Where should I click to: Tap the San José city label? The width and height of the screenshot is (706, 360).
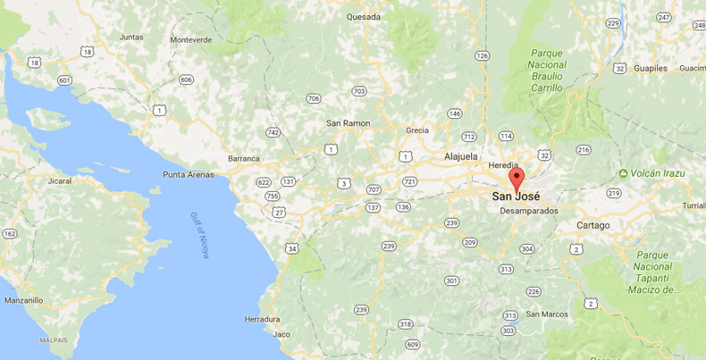tap(517, 196)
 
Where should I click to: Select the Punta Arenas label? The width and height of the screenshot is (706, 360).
tap(189, 174)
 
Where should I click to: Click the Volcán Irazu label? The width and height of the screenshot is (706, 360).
tap(657, 172)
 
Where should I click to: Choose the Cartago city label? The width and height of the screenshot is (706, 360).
tap(593, 225)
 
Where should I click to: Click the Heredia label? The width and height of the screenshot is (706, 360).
tap(504, 166)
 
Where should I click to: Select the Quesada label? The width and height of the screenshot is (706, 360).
tap(364, 16)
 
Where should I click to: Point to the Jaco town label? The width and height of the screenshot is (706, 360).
tap(282, 334)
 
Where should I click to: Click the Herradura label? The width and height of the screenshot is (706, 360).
tap(262, 319)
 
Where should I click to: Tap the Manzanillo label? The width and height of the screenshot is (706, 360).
tap(23, 301)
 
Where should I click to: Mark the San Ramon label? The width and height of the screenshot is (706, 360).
tap(348, 123)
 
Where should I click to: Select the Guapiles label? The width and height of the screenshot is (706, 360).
tap(651, 68)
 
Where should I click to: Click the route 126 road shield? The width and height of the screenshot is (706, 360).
tap(483, 55)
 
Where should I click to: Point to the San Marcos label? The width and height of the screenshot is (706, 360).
tap(546, 314)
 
